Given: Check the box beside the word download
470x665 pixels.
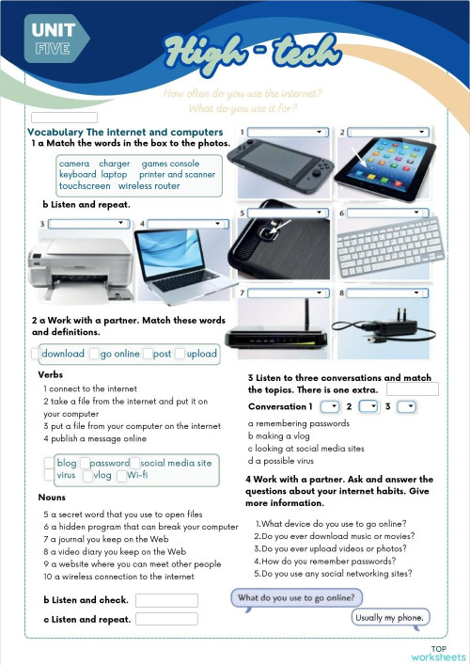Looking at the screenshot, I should point(36,355).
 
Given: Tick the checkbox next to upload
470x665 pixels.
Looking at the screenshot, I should point(180,355).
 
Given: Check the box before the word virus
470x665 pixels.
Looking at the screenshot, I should point(49,476).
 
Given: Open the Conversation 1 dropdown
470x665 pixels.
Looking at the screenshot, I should point(329,407).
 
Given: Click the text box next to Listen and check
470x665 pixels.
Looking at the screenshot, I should point(166,600).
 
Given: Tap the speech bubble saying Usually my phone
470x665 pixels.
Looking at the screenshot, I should point(390,618).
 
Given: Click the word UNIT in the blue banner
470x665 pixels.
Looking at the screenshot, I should point(53,30).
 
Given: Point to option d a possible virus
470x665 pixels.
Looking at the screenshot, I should point(291,461).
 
